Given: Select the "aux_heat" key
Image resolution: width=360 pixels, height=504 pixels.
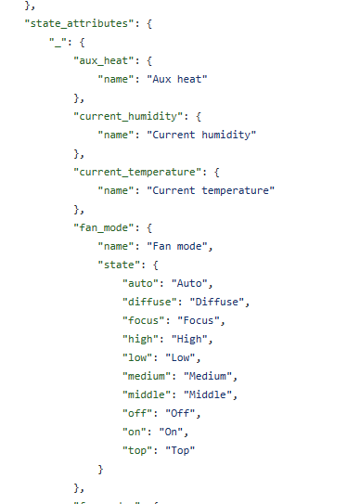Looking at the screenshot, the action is pyautogui.click(x=103, y=60).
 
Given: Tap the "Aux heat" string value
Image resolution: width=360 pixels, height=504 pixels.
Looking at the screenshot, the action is pyautogui.click(x=177, y=79).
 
